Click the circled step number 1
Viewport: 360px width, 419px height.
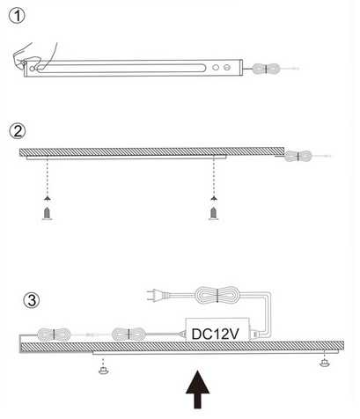coord(17,16)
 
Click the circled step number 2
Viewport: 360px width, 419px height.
coord(18,131)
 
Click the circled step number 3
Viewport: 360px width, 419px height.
coord(32,300)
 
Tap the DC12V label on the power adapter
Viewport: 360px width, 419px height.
coord(215,334)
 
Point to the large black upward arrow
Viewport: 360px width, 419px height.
coord(198,390)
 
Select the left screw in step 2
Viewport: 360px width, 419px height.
coord(47,213)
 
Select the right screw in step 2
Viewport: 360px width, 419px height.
coord(214,213)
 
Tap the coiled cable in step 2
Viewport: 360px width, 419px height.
coord(298,156)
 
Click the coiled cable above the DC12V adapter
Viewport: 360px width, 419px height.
coord(217,295)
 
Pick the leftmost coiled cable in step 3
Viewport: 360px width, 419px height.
coord(54,334)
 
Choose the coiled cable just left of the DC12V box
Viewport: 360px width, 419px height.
coord(129,334)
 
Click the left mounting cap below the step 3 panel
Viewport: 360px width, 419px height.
coord(103,370)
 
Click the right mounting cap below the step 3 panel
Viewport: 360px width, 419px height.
coord(325,363)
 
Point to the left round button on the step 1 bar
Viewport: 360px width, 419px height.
coord(216,68)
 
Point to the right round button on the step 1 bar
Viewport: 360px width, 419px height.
coord(227,68)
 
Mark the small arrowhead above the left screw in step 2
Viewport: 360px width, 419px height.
coord(47,199)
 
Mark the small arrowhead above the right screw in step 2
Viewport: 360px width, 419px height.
coord(214,199)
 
